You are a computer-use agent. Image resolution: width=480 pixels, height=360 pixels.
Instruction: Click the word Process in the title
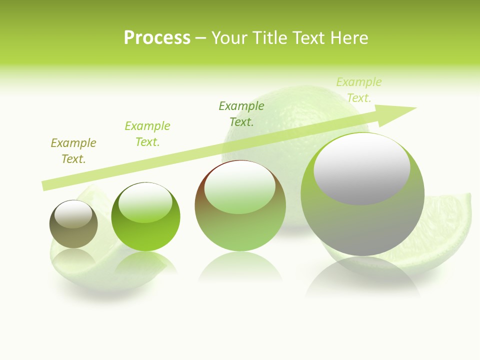click(157, 38)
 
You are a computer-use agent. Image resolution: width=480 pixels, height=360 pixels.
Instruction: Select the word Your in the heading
click(229, 38)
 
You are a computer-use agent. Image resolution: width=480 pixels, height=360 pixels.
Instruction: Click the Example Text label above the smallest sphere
click(73, 151)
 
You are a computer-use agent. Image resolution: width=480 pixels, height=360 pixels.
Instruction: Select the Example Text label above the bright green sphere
click(147, 134)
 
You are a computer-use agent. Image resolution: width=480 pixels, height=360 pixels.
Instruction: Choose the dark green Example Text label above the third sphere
click(241, 113)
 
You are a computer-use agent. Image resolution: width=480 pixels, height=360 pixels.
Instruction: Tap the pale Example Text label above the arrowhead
click(358, 90)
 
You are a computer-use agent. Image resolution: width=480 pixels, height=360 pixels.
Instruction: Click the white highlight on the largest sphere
click(361, 168)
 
